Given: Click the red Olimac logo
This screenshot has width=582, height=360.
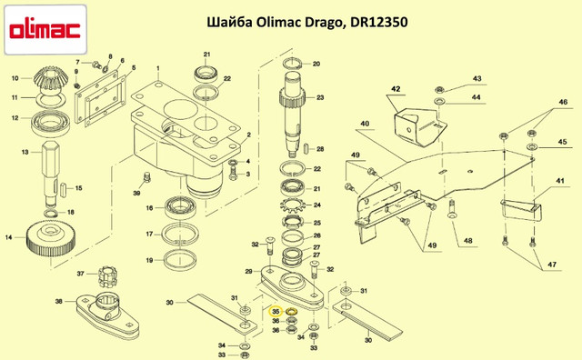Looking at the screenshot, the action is [x=45, y=30].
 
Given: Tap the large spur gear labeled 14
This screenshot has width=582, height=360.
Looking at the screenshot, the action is [x=50, y=241].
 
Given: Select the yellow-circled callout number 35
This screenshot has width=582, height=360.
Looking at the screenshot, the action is [x=276, y=312].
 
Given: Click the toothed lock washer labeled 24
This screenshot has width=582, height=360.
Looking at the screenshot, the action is [x=293, y=205].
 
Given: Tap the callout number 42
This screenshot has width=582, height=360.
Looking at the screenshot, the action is [x=396, y=89].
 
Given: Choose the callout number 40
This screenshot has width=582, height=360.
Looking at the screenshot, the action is [x=365, y=124].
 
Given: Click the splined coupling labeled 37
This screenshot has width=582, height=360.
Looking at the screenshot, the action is [x=108, y=276].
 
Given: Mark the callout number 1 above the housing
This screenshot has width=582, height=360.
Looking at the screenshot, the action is [x=158, y=68].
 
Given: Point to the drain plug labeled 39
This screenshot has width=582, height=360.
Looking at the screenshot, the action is [x=147, y=177].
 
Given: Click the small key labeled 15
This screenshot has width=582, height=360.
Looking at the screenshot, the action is [x=63, y=188].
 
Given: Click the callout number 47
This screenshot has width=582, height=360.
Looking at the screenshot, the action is [x=552, y=265].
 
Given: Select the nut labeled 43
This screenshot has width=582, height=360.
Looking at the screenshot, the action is [x=439, y=89].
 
